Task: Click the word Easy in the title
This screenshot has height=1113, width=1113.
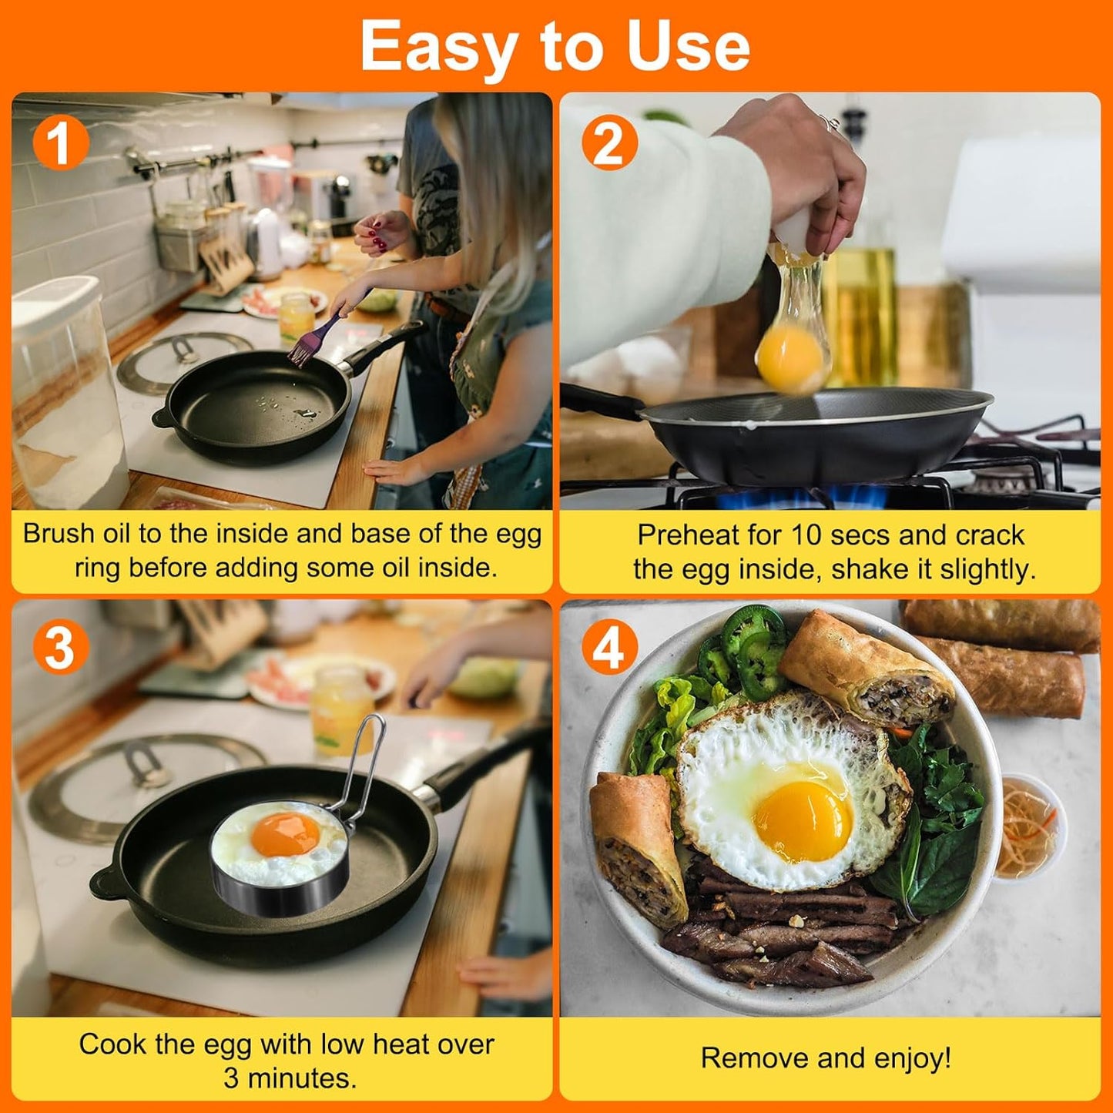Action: (x=437, y=46)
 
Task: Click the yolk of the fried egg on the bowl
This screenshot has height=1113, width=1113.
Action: (x=803, y=821)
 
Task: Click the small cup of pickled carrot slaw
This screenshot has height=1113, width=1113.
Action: (x=1028, y=827)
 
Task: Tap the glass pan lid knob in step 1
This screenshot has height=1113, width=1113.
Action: (x=182, y=349)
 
